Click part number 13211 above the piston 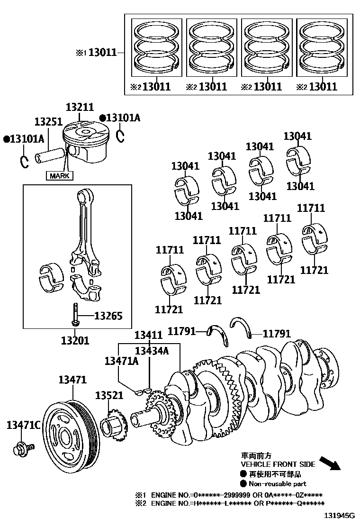coord(80,108)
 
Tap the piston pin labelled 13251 coord(51,155)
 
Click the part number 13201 coord(75,340)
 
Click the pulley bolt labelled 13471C coord(22,447)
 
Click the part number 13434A coord(151,351)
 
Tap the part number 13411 coord(148,335)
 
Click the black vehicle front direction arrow coord(330,463)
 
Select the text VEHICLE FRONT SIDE coord(278,464)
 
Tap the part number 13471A coord(121,362)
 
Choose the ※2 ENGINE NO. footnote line coord(237,503)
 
